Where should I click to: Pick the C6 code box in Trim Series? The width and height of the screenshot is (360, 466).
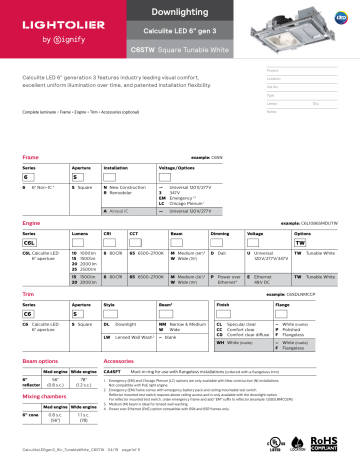click(x=31, y=313)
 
